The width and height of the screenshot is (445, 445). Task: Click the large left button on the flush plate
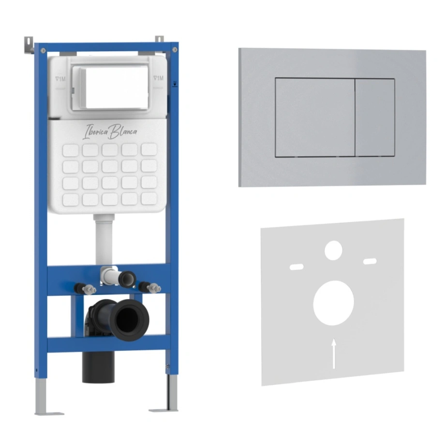[315, 117]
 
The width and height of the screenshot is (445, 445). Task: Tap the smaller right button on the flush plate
[375, 118]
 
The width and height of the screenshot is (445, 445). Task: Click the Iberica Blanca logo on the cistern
[110, 132]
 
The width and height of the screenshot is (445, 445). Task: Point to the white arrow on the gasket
[334, 354]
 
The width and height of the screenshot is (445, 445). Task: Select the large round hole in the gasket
[333, 303]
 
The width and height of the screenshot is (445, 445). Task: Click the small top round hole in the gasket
[333, 251]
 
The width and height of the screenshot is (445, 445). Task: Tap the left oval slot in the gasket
[297, 267]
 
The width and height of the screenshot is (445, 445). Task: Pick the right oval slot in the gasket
[370, 261]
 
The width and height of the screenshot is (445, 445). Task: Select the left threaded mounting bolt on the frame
[86, 289]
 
